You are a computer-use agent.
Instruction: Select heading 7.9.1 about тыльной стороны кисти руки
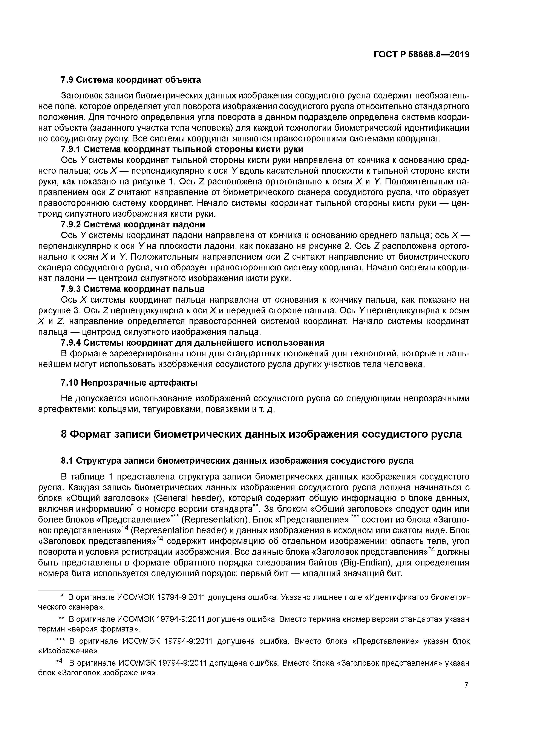(182, 149)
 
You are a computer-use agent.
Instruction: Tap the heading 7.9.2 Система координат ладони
(133, 224)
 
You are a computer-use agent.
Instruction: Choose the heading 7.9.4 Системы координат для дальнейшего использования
(193, 343)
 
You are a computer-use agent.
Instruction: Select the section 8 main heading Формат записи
(261, 434)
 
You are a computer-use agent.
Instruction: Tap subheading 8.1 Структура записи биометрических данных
(237, 461)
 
